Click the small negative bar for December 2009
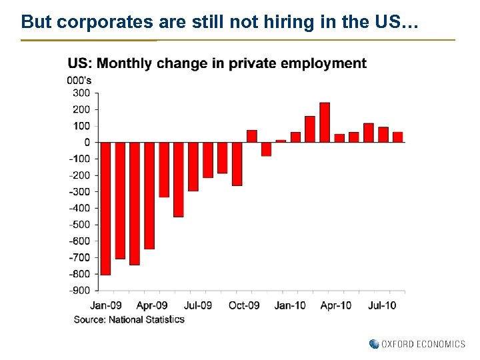pyautogui.click(x=266, y=149)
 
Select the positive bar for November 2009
pyautogui.click(x=251, y=136)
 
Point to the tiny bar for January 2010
pyautogui.click(x=281, y=141)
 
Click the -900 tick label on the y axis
pyautogui.click(x=79, y=290)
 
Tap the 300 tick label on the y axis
pyautogui.click(x=82, y=93)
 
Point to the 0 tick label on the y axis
pyautogui.click(x=87, y=142)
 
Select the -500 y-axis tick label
pyautogui.click(x=79, y=224)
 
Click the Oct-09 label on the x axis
pyautogui.click(x=244, y=305)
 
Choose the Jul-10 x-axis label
pyautogui.click(x=382, y=305)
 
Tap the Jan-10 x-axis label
pyautogui.click(x=290, y=305)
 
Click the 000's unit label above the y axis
pyautogui.click(x=79, y=81)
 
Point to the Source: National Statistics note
pyautogui.click(x=129, y=319)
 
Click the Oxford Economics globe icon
pyautogui.click(x=374, y=344)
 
